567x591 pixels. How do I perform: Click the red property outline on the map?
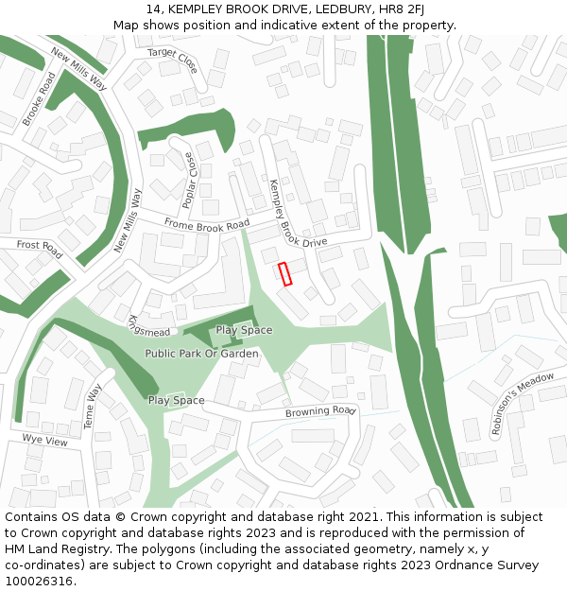pos(285,273)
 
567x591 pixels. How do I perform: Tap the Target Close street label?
pos(173,61)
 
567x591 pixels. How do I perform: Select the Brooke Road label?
pos(34,98)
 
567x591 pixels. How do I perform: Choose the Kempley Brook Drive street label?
pos(296,216)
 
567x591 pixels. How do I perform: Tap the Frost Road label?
pos(39,249)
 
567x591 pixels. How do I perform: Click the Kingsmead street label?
pos(148,325)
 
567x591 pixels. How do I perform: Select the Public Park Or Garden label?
pos(201,353)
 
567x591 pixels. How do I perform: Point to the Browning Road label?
pos(319,412)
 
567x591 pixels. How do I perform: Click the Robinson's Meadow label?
pos(522,403)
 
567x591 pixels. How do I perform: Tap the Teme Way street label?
pos(93,406)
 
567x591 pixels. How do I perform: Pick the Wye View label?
pos(45,441)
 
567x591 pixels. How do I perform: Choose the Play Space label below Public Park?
pos(176,401)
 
